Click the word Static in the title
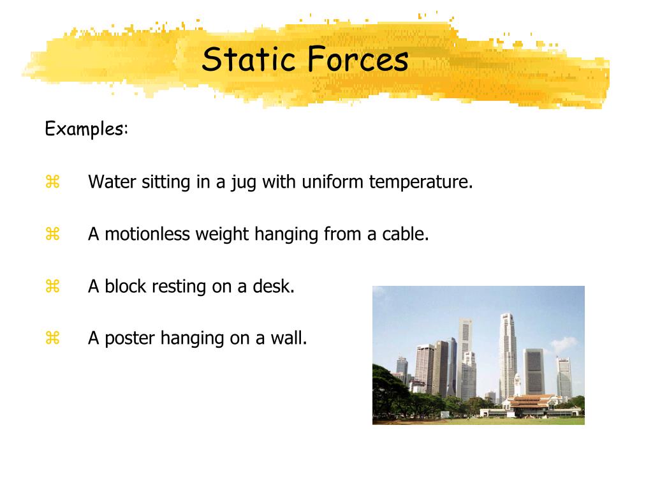pos(249,60)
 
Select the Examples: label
pos(87,129)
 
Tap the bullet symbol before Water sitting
pos(52,182)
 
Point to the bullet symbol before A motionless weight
pos(52,235)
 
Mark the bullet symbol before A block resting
pos(52,287)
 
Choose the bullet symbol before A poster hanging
pos(52,338)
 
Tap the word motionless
pos(147,234)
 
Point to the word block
pos(126,286)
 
